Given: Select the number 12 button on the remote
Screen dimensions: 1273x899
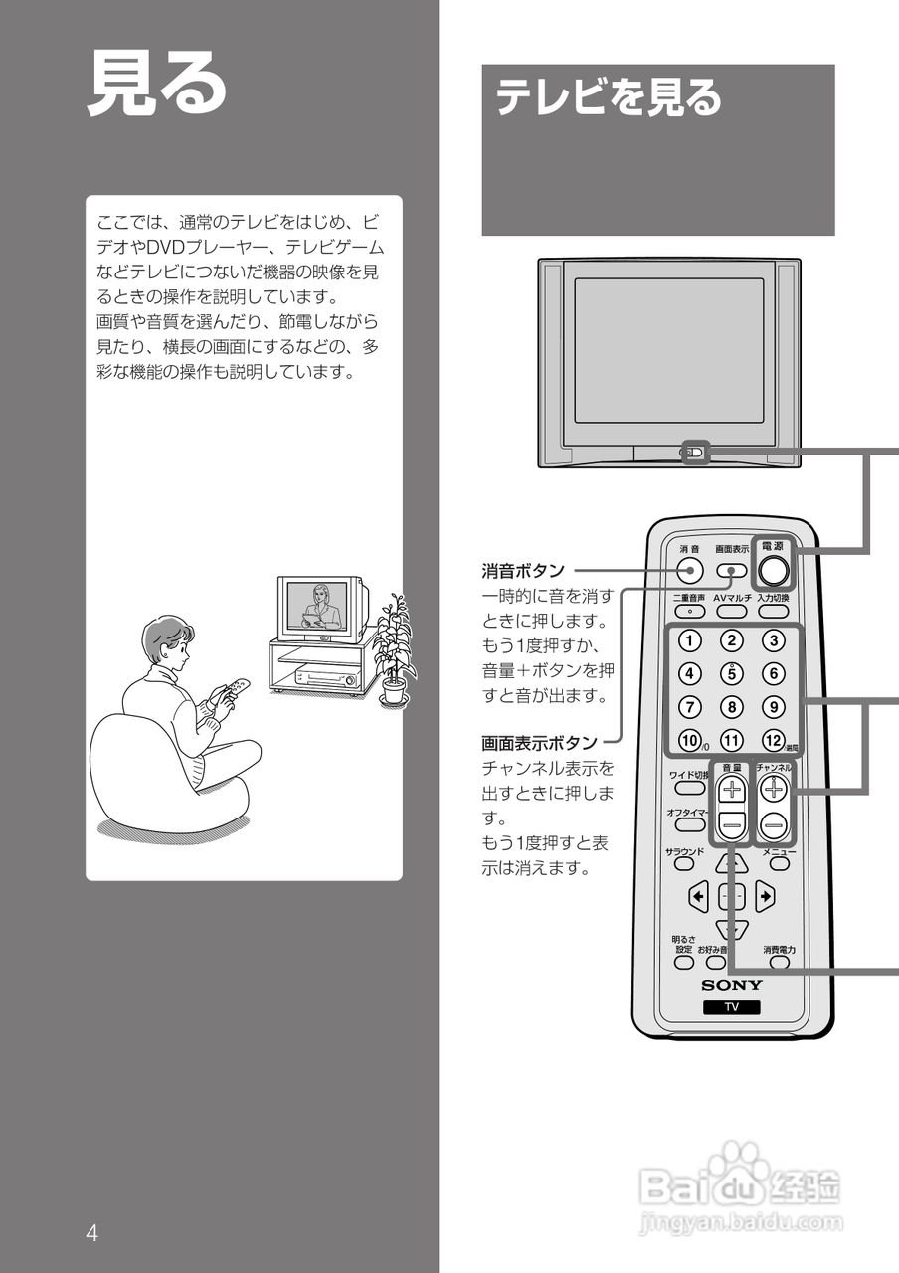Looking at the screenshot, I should [x=773, y=740].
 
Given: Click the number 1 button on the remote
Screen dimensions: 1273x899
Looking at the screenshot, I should [x=690, y=640].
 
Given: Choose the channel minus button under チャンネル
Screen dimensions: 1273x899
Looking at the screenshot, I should [x=774, y=823].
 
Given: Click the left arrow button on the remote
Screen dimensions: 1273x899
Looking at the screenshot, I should [x=698, y=897].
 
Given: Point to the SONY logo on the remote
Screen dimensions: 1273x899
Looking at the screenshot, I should [x=732, y=985].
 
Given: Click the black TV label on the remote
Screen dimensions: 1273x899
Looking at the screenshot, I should [x=731, y=1007].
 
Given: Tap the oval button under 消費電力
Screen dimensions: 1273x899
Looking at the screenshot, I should [x=779, y=963].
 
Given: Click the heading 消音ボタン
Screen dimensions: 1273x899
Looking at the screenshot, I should [x=523, y=571].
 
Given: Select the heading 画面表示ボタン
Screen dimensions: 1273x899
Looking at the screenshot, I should [x=539, y=743].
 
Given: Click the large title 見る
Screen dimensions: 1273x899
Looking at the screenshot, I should [x=157, y=84].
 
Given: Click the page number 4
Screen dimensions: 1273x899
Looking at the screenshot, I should [x=91, y=1234].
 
